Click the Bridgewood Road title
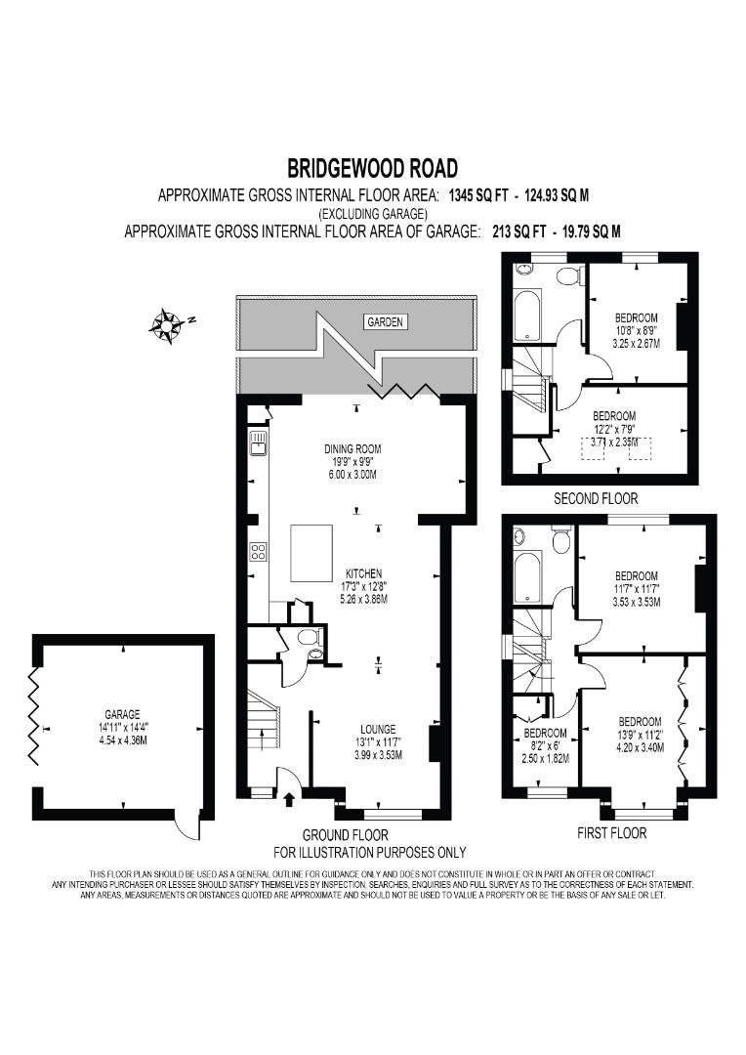click(373, 168)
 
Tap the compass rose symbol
click(165, 325)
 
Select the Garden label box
click(385, 322)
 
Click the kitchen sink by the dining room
click(258, 444)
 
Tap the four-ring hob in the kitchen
click(258, 552)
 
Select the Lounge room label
click(377, 729)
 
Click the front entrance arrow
click(289, 799)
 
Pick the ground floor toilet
click(309, 637)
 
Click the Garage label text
click(122, 714)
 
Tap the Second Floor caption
click(596, 498)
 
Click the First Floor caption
click(611, 833)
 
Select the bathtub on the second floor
click(526, 316)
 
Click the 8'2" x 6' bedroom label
click(545, 745)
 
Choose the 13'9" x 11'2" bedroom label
click(640, 734)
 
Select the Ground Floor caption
click(345, 835)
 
